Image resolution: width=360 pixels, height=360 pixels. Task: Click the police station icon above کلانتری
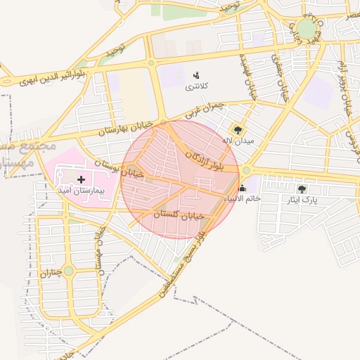[195, 75]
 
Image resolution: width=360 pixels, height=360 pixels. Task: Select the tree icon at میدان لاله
[238, 129]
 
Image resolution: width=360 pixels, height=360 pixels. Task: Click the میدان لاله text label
[238, 141]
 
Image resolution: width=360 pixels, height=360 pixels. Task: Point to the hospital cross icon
[81, 179]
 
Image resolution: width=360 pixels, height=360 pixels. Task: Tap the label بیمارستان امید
[81, 191]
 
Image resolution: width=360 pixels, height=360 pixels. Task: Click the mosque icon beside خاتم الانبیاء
[243, 188]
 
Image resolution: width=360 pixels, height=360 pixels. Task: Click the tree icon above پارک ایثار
[302, 188]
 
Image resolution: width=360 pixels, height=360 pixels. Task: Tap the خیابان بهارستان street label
[126, 128]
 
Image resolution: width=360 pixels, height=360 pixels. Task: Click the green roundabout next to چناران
[68, 271]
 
